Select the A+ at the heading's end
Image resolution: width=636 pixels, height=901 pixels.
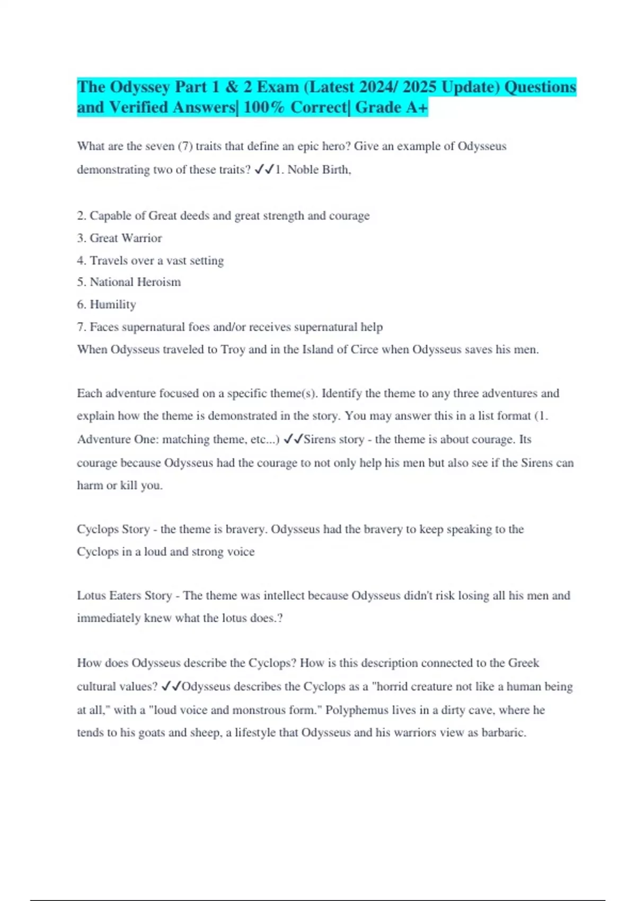pyautogui.click(x=417, y=108)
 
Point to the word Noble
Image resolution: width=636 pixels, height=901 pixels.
pyautogui.click(x=303, y=170)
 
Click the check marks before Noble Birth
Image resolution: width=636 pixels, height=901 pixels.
pyautogui.click(x=264, y=170)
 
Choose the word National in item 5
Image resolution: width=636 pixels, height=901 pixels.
pyautogui.click(x=112, y=282)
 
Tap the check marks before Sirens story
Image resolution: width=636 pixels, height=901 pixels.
pyautogui.click(x=293, y=439)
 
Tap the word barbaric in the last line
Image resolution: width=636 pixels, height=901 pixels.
pyautogui.click(x=503, y=733)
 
